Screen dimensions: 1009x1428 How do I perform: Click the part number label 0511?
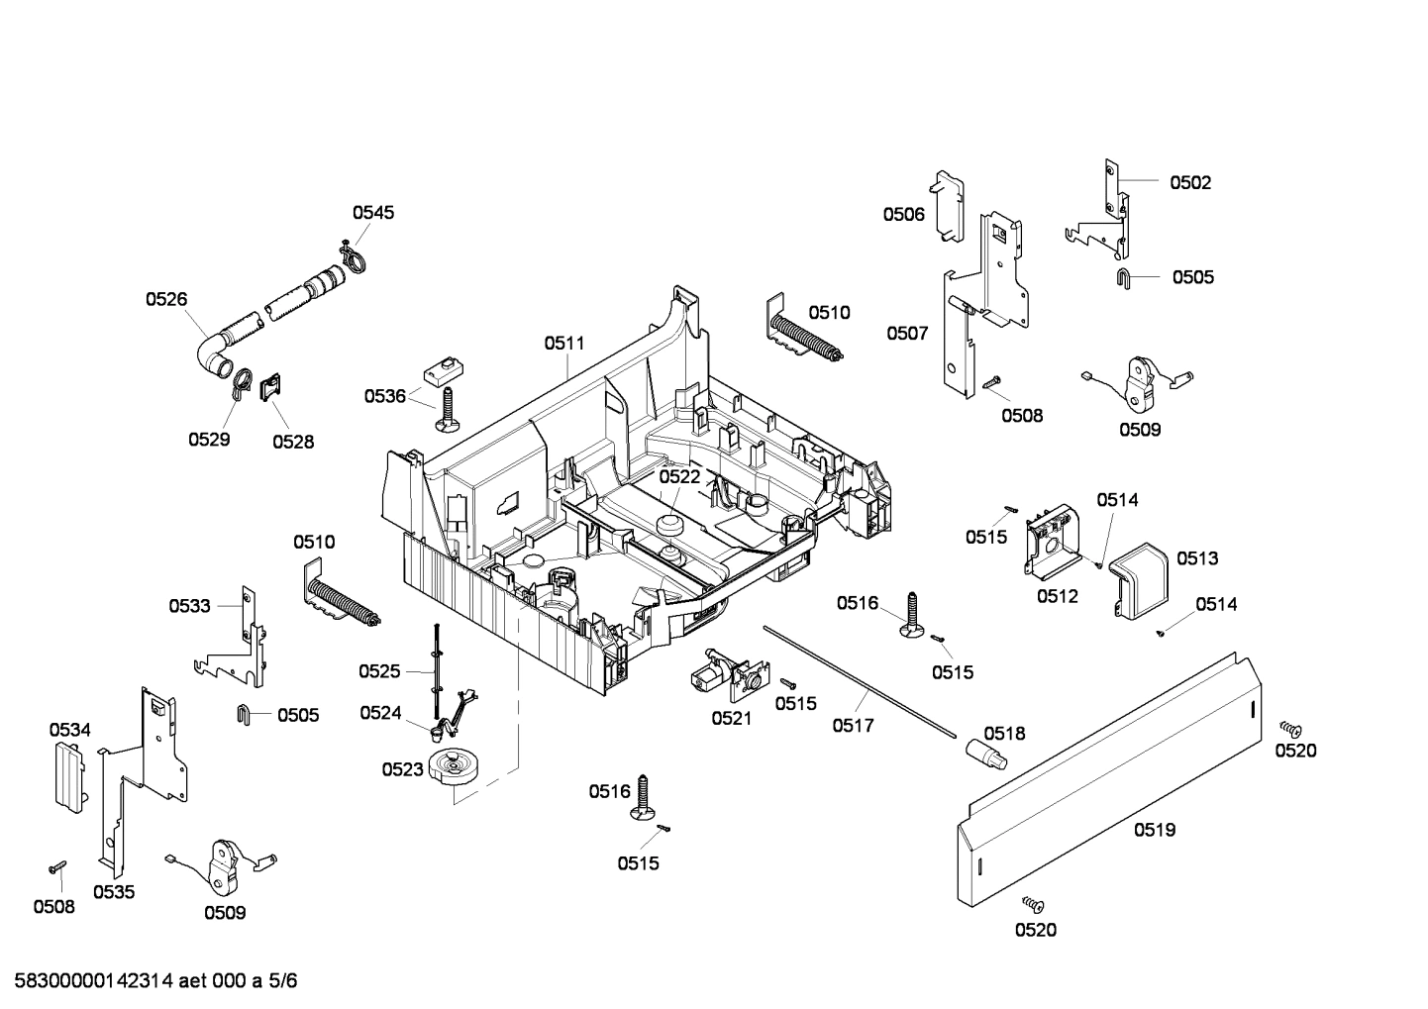(563, 344)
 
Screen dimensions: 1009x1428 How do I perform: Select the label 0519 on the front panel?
(1154, 830)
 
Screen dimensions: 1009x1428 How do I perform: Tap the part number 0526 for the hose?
(166, 299)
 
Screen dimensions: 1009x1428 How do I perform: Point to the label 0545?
(373, 212)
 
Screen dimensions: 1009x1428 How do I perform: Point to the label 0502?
(1190, 182)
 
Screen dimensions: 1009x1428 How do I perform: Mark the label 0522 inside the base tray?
(679, 476)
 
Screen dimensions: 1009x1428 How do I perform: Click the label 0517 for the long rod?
(853, 726)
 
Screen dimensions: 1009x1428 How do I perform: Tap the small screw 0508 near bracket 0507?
(992, 382)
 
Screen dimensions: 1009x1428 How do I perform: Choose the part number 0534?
(70, 730)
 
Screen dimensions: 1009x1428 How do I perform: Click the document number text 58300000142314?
(88, 981)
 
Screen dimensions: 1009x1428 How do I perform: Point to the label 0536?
(384, 396)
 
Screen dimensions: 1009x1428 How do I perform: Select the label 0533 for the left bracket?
(189, 605)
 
